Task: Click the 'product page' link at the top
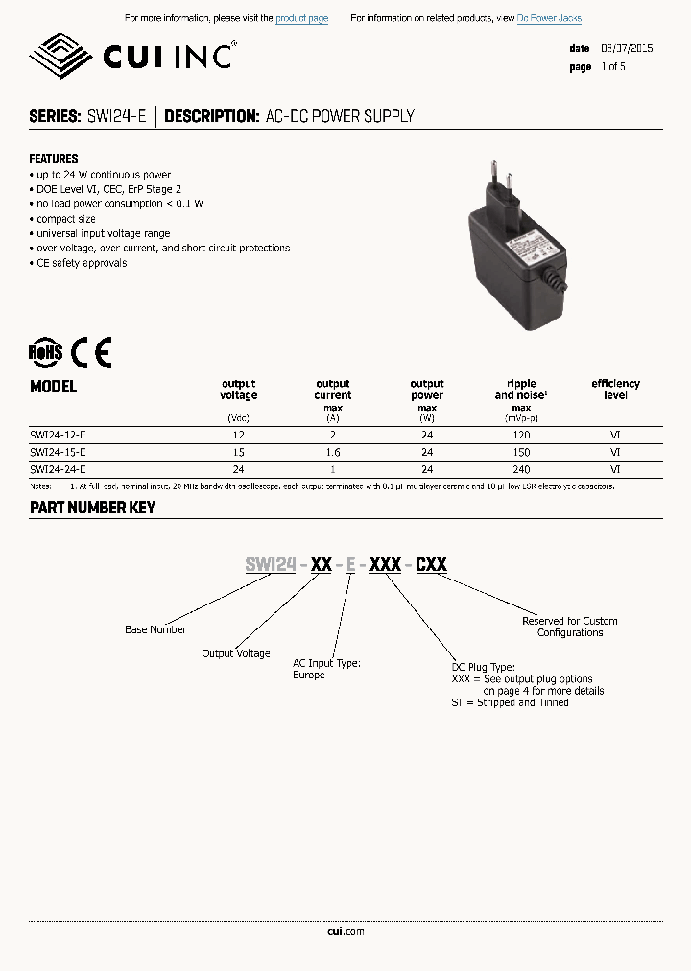click(301, 19)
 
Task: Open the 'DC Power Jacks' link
click(549, 19)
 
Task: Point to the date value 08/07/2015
click(628, 48)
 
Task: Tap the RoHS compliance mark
click(45, 352)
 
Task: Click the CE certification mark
click(93, 352)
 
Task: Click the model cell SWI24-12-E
click(58, 435)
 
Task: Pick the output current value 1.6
click(333, 452)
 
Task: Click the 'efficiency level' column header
click(615, 389)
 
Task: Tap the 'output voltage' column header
click(239, 389)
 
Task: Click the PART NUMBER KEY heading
click(92, 508)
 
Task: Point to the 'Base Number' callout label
click(155, 629)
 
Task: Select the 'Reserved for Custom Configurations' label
click(570, 627)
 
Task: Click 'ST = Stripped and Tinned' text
click(510, 702)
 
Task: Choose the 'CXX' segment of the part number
click(431, 564)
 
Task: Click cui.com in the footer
click(345, 931)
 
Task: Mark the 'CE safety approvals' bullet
click(81, 263)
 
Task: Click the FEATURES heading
click(54, 158)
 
